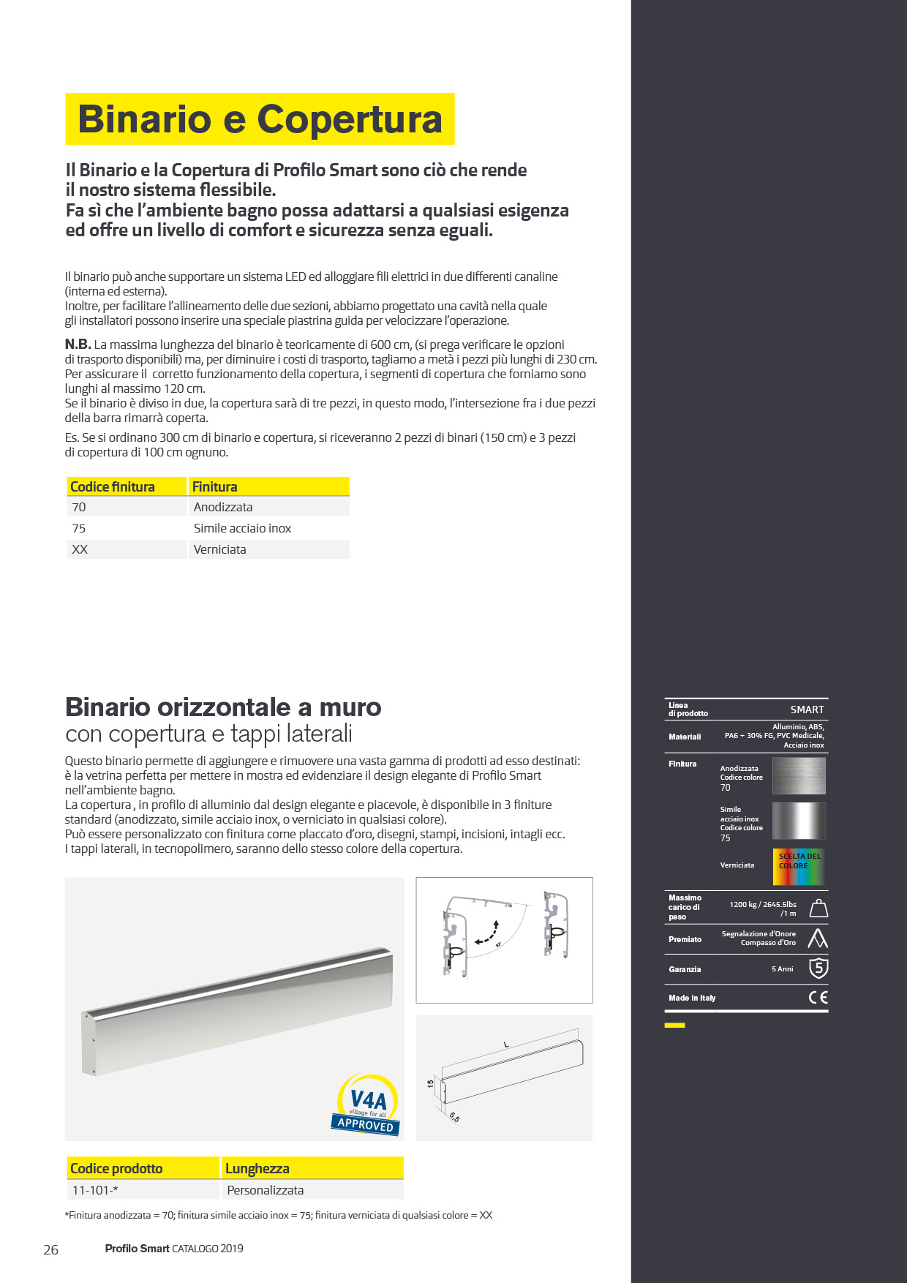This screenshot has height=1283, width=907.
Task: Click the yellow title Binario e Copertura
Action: [260, 119]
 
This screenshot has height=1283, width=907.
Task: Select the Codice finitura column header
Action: [113, 487]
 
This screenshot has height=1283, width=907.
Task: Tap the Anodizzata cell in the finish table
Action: [223, 507]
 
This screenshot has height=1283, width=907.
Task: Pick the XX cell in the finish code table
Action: [80, 549]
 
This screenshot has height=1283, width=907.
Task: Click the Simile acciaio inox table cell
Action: [242, 528]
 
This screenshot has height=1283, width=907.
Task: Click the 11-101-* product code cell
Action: [95, 1190]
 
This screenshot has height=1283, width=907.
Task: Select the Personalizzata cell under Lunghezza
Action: [265, 1190]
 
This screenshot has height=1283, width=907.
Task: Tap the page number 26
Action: [50, 1249]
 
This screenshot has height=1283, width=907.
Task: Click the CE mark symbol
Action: [818, 997]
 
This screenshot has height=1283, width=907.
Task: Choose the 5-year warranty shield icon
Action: [818, 968]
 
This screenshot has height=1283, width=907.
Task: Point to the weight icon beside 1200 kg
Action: [818, 908]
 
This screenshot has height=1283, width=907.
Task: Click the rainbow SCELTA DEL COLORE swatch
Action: [799, 866]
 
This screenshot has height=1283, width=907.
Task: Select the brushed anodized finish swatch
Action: [799, 775]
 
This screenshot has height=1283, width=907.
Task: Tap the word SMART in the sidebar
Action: [807, 710]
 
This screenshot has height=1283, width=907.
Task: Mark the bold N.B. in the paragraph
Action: [78, 345]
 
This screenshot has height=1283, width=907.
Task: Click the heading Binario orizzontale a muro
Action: [223, 707]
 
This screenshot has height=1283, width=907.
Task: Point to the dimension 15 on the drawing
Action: [430, 1083]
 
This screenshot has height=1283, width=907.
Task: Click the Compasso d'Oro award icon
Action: [818, 938]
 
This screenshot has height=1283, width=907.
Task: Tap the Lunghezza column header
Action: [257, 1169]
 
